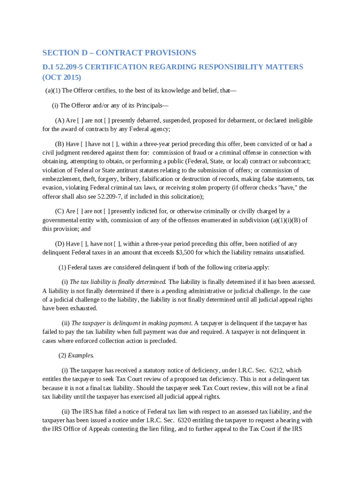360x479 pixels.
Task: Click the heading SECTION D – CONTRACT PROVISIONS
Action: (119, 52)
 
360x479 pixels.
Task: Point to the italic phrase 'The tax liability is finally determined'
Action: (118, 282)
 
